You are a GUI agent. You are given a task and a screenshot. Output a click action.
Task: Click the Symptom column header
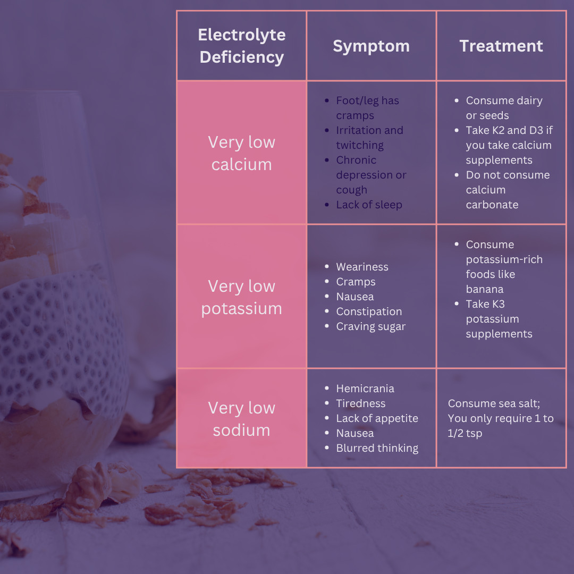(x=371, y=46)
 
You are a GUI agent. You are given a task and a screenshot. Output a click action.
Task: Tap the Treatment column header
(x=501, y=46)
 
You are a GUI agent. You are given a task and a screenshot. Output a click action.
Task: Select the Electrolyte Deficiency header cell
(x=242, y=46)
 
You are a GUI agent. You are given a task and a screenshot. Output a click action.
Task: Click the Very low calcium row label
(x=242, y=153)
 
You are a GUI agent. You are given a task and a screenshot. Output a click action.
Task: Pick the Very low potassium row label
(x=242, y=297)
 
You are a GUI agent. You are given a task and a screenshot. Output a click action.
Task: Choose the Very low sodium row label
(x=242, y=419)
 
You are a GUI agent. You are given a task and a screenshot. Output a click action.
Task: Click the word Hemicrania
(x=365, y=389)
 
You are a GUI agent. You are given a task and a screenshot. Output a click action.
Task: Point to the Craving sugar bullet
(x=370, y=326)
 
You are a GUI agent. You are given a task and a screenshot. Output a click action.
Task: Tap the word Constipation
(x=369, y=311)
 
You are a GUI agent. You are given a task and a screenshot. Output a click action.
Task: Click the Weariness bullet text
(x=362, y=267)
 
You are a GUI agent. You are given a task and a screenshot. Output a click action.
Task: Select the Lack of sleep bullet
(x=369, y=205)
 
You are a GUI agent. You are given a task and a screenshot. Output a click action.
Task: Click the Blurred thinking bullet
(x=377, y=448)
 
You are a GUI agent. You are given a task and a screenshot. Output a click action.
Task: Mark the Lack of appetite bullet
(x=377, y=418)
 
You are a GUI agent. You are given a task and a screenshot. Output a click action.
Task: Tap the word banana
(x=484, y=289)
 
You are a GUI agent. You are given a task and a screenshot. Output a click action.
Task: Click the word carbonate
(x=492, y=205)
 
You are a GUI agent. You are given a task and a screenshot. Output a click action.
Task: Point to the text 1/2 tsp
(x=465, y=433)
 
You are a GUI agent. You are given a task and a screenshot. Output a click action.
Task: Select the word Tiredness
(x=360, y=403)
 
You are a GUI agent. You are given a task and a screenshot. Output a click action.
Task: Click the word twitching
(x=359, y=145)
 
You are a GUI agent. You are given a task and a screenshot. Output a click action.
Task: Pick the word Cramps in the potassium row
(x=356, y=282)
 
